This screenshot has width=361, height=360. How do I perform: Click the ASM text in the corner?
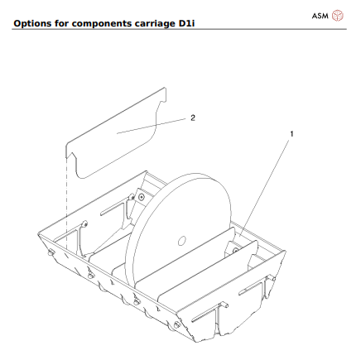320,15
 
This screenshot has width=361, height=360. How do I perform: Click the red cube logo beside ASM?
337,15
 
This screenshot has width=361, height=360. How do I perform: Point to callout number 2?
193,118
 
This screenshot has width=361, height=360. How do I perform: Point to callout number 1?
291,132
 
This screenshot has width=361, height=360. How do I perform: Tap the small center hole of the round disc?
180,242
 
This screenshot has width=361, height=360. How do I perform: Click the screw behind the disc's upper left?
142,197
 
